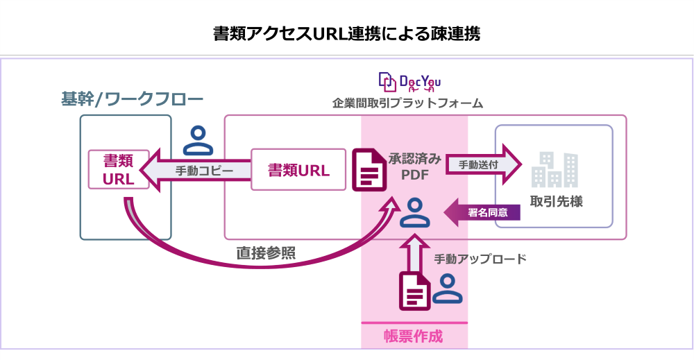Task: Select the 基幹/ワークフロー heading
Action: [x=132, y=100]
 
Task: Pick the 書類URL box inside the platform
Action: [x=298, y=170]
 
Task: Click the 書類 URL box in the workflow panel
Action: [x=118, y=170]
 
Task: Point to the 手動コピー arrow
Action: [x=194, y=171]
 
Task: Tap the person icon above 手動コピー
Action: [x=198, y=141]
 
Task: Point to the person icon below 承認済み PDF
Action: [x=414, y=213]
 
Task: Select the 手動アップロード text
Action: [x=480, y=259]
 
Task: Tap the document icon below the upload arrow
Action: [x=414, y=291]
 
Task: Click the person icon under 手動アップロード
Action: [x=448, y=289]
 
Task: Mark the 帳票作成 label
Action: [x=414, y=336]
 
